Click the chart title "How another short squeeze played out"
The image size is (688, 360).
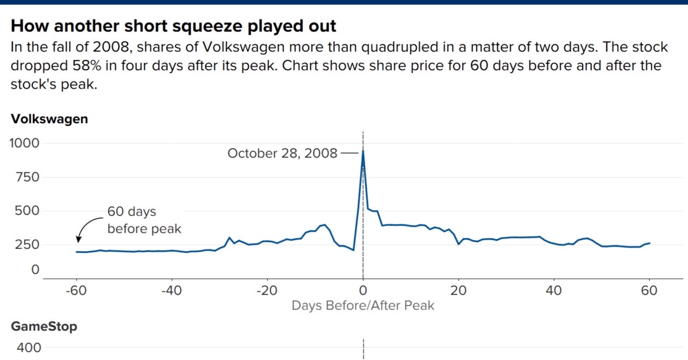[174, 26]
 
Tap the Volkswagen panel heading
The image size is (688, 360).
[49, 119]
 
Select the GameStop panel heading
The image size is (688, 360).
[44, 326]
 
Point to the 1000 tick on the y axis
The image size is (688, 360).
[24, 143]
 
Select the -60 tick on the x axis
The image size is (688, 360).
[76, 291]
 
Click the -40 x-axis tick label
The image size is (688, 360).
[172, 291]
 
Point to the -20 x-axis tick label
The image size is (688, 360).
[268, 291]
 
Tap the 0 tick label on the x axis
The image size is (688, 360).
[363, 291]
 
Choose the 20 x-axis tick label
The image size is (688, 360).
[458, 291]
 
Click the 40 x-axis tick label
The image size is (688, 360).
[554, 291]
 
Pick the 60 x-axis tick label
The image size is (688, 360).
[649, 291]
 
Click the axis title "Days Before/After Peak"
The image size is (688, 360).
[363, 306]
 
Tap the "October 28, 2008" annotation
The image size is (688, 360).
[282, 153]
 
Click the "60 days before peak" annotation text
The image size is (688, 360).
[144, 220]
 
